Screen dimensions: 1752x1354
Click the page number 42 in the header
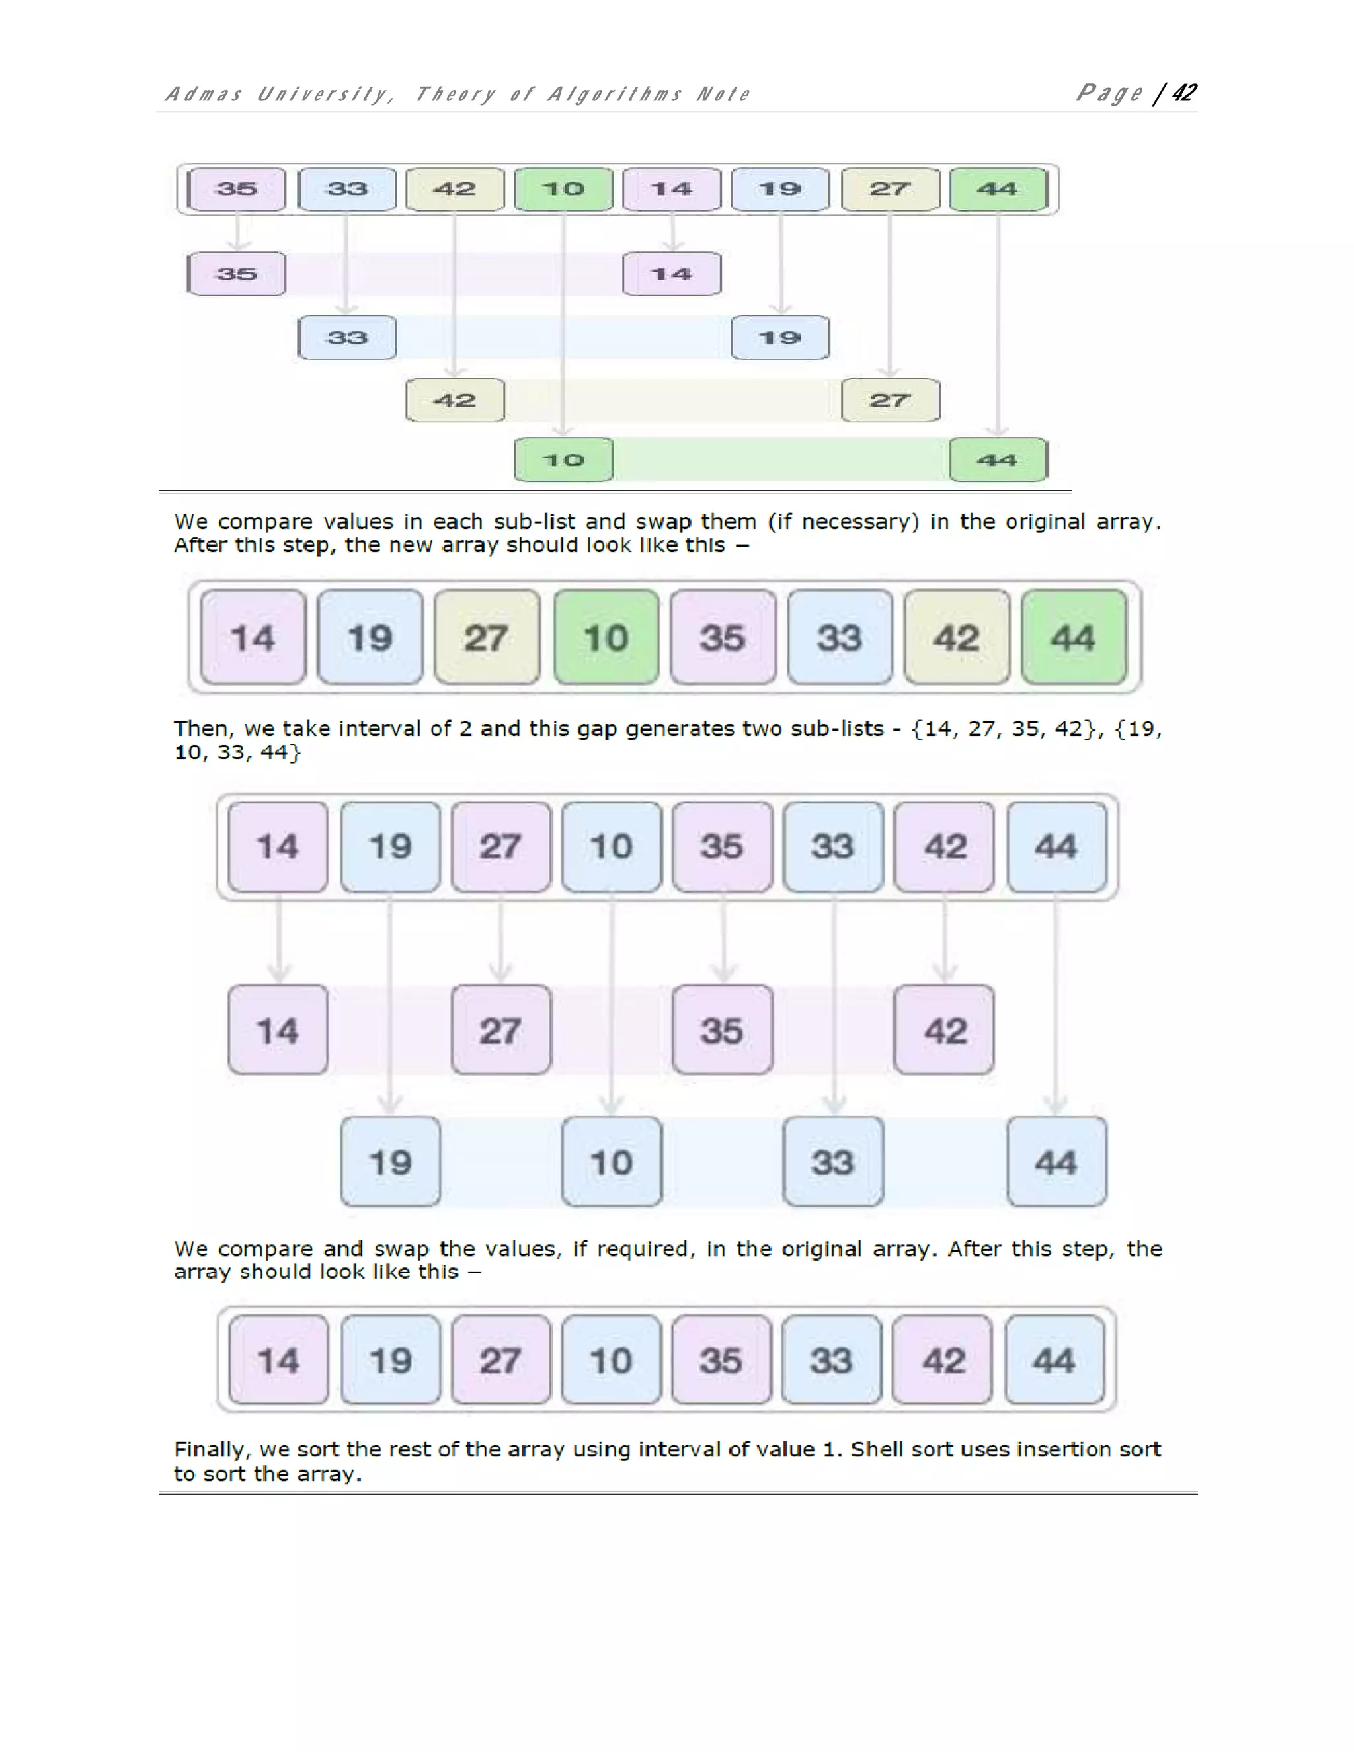(1184, 93)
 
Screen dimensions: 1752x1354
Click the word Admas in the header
(203, 95)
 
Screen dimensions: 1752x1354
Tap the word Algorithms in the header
(614, 95)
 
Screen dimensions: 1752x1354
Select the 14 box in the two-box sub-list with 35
(672, 274)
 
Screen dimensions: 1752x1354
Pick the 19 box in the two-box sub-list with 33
(779, 338)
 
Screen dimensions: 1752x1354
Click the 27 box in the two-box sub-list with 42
(890, 400)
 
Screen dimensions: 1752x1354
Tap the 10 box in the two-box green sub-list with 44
(563, 459)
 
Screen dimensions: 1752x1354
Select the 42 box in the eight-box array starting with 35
(455, 189)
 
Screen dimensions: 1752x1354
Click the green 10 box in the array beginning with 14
(606, 638)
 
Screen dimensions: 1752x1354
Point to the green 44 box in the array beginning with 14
(1073, 638)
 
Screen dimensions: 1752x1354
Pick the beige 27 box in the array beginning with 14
(486, 638)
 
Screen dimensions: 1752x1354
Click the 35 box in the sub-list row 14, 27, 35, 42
(722, 1030)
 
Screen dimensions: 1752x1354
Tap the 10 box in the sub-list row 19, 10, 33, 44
(612, 1162)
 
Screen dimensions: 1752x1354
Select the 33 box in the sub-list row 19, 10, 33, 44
(832, 1162)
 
